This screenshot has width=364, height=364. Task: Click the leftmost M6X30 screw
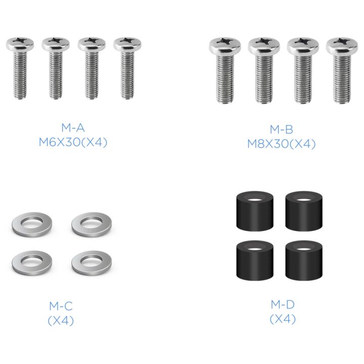tap(20, 68)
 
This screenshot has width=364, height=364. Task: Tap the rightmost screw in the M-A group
tap(127, 68)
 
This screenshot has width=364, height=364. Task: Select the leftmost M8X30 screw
tap(224, 70)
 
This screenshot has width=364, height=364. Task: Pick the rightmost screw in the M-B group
tap(342, 70)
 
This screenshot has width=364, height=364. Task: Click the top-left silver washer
tap(32, 230)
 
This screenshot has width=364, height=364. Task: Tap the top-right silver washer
tap(92, 230)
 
